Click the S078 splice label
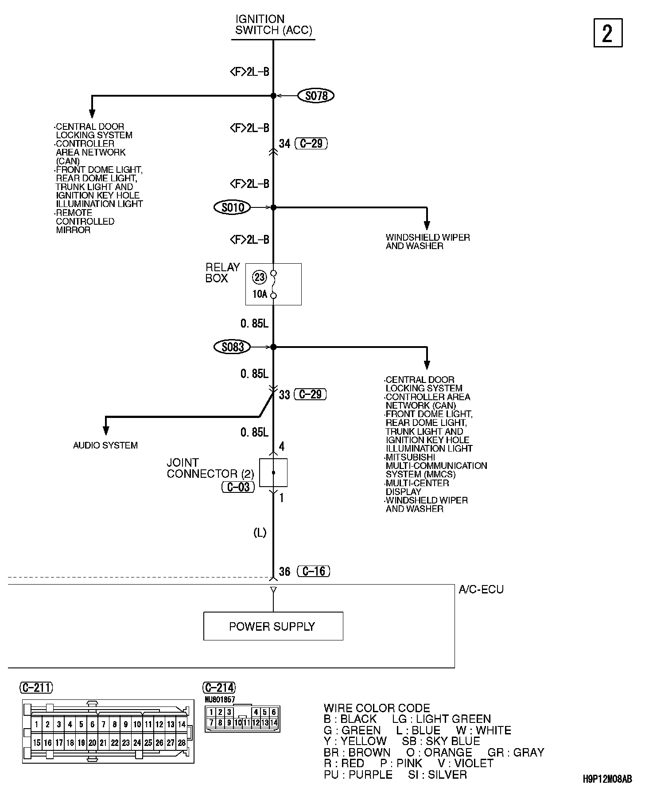[x=316, y=95]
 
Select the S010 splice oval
[x=232, y=207]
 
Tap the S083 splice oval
[x=232, y=347]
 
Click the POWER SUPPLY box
[x=273, y=626]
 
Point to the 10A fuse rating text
[x=260, y=294]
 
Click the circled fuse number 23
[x=259, y=277]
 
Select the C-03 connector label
[x=238, y=487]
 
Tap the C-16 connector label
[x=314, y=571]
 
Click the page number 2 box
[x=608, y=33]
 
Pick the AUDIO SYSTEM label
[x=105, y=445]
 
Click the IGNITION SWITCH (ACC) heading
[x=273, y=25]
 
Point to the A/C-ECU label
[x=481, y=589]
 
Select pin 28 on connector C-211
[x=182, y=742]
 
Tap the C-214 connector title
[x=219, y=687]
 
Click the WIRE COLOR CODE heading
[x=377, y=708]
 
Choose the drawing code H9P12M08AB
[x=607, y=779]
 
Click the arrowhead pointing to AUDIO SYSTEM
[x=105, y=430]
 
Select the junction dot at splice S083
[x=273, y=347]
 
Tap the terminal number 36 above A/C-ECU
[x=284, y=572]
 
